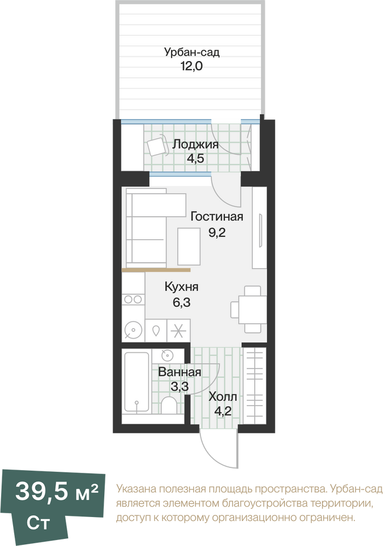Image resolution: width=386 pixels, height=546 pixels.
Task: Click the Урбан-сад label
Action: [x=192, y=52]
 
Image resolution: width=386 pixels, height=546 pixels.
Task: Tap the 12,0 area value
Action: [x=192, y=66]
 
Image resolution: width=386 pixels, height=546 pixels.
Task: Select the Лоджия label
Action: [x=195, y=144]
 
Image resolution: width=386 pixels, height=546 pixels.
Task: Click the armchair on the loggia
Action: [x=157, y=146]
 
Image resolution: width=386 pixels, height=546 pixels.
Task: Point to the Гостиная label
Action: [x=217, y=217]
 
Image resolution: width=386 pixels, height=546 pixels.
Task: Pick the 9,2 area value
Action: [x=217, y=232]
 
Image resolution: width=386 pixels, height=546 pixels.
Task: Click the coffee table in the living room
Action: [x=189, y=246]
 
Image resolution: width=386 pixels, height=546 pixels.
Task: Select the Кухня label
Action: [x=181, y=287]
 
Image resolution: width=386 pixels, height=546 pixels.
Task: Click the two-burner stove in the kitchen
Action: [x=133, y=299]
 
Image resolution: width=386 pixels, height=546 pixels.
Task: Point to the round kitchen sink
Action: [x=133, y=329]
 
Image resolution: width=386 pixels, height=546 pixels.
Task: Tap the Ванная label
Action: [x=180, y=372]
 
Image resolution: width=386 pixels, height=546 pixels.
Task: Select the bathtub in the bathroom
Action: [x=137, y=383]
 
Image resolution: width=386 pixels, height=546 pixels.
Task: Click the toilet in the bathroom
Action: [x=169, y=405]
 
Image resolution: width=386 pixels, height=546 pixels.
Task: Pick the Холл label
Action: [x=223, y=396]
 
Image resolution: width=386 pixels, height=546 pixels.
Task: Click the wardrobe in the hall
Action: [x=254, y=385]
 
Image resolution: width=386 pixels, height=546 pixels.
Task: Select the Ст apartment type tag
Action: [x=38, y=524]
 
